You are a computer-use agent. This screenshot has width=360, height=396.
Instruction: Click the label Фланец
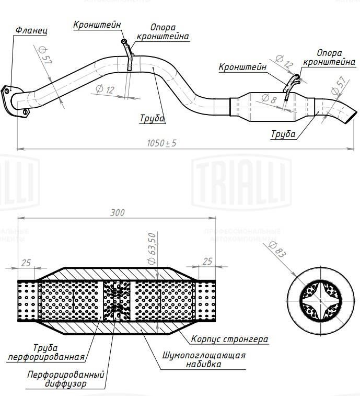coord(31,31)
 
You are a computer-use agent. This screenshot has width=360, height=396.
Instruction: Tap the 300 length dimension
coord(118,213)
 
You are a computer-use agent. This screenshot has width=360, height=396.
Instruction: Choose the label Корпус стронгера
coord(229,340)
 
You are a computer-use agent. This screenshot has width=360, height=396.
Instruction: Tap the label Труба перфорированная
coord(46,352)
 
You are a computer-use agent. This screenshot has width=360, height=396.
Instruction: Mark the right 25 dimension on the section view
coord(207,261)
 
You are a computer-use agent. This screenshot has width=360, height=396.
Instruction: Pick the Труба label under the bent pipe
coord(152,119)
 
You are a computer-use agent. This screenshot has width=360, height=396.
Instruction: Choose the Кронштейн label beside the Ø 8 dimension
coord(242,67)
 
